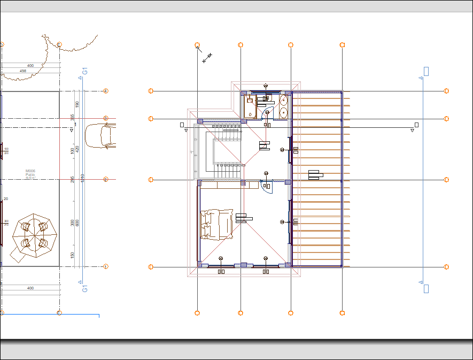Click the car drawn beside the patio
100,135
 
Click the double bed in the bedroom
216,224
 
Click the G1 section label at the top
84,71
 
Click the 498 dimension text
23,71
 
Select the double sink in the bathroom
284,106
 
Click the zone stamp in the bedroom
244,218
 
